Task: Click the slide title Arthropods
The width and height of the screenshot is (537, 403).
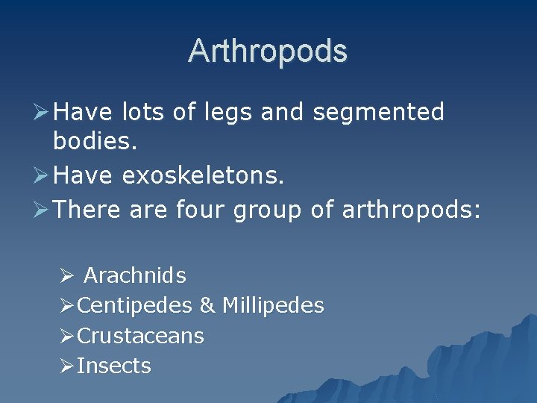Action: coord(268,51)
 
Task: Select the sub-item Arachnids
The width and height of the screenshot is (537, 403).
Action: coord(135,276)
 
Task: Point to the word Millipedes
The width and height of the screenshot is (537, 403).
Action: coord(273,306)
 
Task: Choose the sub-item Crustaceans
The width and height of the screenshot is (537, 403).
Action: coord(140,336)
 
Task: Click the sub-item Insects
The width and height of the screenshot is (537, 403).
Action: coord(114,366)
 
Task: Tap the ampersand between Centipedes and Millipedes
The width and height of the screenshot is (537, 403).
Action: coord(207,306)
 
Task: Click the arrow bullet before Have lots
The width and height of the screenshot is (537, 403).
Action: coord(42,113)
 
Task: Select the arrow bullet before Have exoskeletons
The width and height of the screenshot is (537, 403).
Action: coord(42,176)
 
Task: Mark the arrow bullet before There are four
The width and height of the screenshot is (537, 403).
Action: coord(42,210)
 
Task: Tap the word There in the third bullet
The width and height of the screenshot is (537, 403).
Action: coord(87,210)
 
